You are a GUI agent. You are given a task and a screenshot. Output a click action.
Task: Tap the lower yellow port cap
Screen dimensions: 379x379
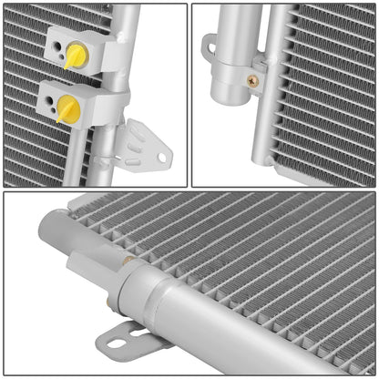click(x=68, y=109)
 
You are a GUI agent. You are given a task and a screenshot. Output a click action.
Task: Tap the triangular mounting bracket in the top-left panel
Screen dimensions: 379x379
click(x=146, y=146)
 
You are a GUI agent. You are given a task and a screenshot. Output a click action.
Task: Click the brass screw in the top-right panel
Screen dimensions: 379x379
click(x=252, y=80)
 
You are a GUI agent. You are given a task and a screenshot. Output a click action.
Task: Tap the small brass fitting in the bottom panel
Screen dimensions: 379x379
click(x=128, y=262)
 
